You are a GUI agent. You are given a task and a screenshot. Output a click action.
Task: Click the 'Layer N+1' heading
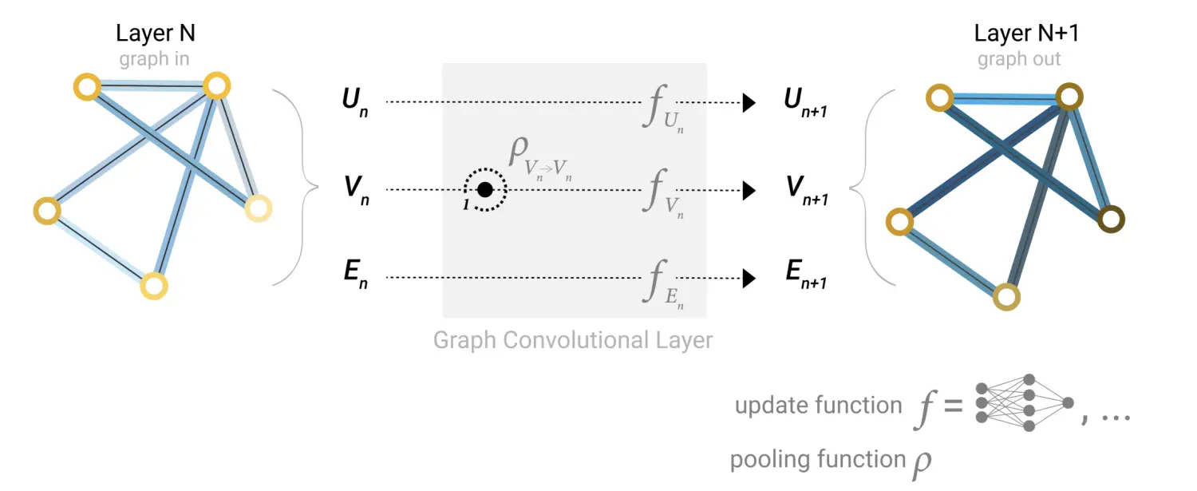coord(1020,34)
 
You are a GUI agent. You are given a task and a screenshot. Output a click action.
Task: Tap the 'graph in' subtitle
coord(154,59)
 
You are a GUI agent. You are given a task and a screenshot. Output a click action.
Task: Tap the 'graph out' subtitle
coord(1019,59)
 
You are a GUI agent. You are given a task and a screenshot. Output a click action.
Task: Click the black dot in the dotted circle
coord(484,190)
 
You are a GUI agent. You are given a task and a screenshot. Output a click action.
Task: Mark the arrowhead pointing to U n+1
coord(749,103)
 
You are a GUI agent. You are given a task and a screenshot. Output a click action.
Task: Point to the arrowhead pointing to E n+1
coord(749,278)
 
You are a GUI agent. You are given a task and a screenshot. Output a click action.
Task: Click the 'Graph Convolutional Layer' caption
coord(573,340)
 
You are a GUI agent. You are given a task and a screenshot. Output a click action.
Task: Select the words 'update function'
coord(818,406)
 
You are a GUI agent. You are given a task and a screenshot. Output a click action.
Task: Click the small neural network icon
coord(1025,403)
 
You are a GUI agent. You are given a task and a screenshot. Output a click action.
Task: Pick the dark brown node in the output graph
coord(1111,219)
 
